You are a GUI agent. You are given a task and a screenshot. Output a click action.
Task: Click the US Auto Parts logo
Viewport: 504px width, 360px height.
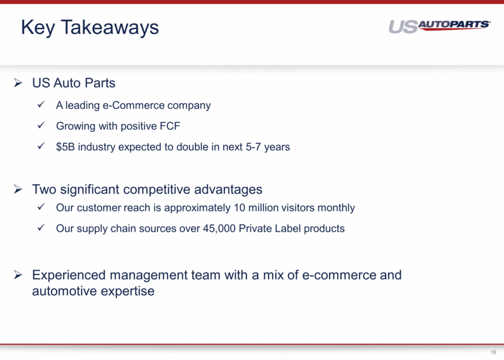pos(440,26)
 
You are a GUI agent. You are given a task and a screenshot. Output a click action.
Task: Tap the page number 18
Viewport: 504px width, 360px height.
pos(493,352)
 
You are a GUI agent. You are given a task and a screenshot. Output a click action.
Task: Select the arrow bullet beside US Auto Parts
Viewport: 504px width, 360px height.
pos(18,83)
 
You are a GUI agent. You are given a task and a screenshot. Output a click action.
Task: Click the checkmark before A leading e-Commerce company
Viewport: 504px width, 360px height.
pos(41,104)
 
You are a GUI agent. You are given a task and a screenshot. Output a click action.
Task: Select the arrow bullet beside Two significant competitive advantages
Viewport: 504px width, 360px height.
pos(18,189)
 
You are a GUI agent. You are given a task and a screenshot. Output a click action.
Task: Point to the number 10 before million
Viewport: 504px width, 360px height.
pos(239,208)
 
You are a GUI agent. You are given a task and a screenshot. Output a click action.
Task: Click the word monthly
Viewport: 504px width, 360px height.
pos(336,208)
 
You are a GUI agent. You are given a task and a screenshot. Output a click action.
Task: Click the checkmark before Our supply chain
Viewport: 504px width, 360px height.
pos(41,228)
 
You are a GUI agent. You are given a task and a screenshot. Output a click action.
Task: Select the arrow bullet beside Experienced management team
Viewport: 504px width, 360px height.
pos(18,275)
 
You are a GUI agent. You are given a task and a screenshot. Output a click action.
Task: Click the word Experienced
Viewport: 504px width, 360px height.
pos(69,276)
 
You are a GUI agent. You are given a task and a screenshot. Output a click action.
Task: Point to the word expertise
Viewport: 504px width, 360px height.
pos(128,291)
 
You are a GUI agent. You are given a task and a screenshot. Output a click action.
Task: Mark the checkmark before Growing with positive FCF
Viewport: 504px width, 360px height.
pos(41,125)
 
